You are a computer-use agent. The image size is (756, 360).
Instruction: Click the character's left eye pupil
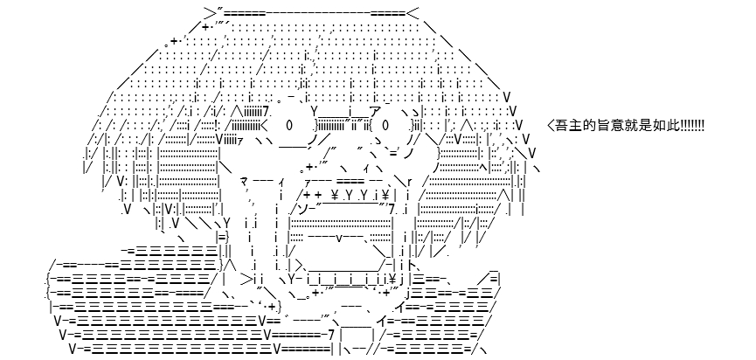pos(288,126)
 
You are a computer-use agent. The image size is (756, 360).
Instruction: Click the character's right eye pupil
pos(385,126)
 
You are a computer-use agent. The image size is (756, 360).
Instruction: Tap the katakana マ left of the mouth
pos(244,182)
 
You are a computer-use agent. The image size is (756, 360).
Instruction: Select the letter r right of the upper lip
pos(410,182)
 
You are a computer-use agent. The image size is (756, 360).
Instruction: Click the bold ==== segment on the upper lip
pos(350,182)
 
